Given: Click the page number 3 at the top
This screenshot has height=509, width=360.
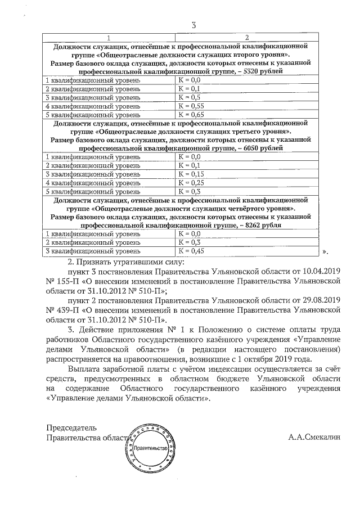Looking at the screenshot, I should [193, 25].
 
